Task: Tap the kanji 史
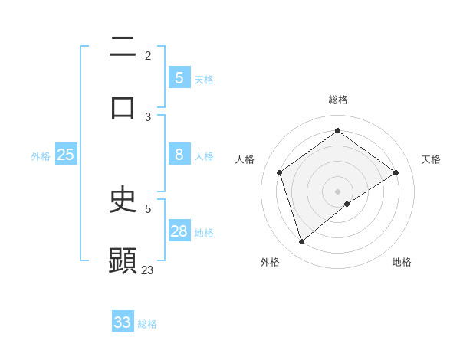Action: pos(123,200)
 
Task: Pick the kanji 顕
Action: pos(123,260)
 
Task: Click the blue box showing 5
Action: pos(179,77)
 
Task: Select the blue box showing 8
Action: pos(179,155)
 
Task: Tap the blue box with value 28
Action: pos(179,231)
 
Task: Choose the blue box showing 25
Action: pos(66,155)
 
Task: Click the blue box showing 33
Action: pos(123,322)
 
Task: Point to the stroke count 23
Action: pos(148,270)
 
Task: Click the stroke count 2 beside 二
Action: pos(148,55)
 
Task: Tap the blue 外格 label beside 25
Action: pos(41,156)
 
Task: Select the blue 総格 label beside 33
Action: pos(147,324)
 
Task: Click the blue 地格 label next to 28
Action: pos(204,233)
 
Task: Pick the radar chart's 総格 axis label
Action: pos(337,100)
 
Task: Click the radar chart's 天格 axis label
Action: pos(431,159)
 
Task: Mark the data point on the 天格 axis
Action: pos(396,172)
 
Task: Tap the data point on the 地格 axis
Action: pos(347,204)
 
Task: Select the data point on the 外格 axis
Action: pos(301,242)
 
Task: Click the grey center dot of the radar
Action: pos(337,190)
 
